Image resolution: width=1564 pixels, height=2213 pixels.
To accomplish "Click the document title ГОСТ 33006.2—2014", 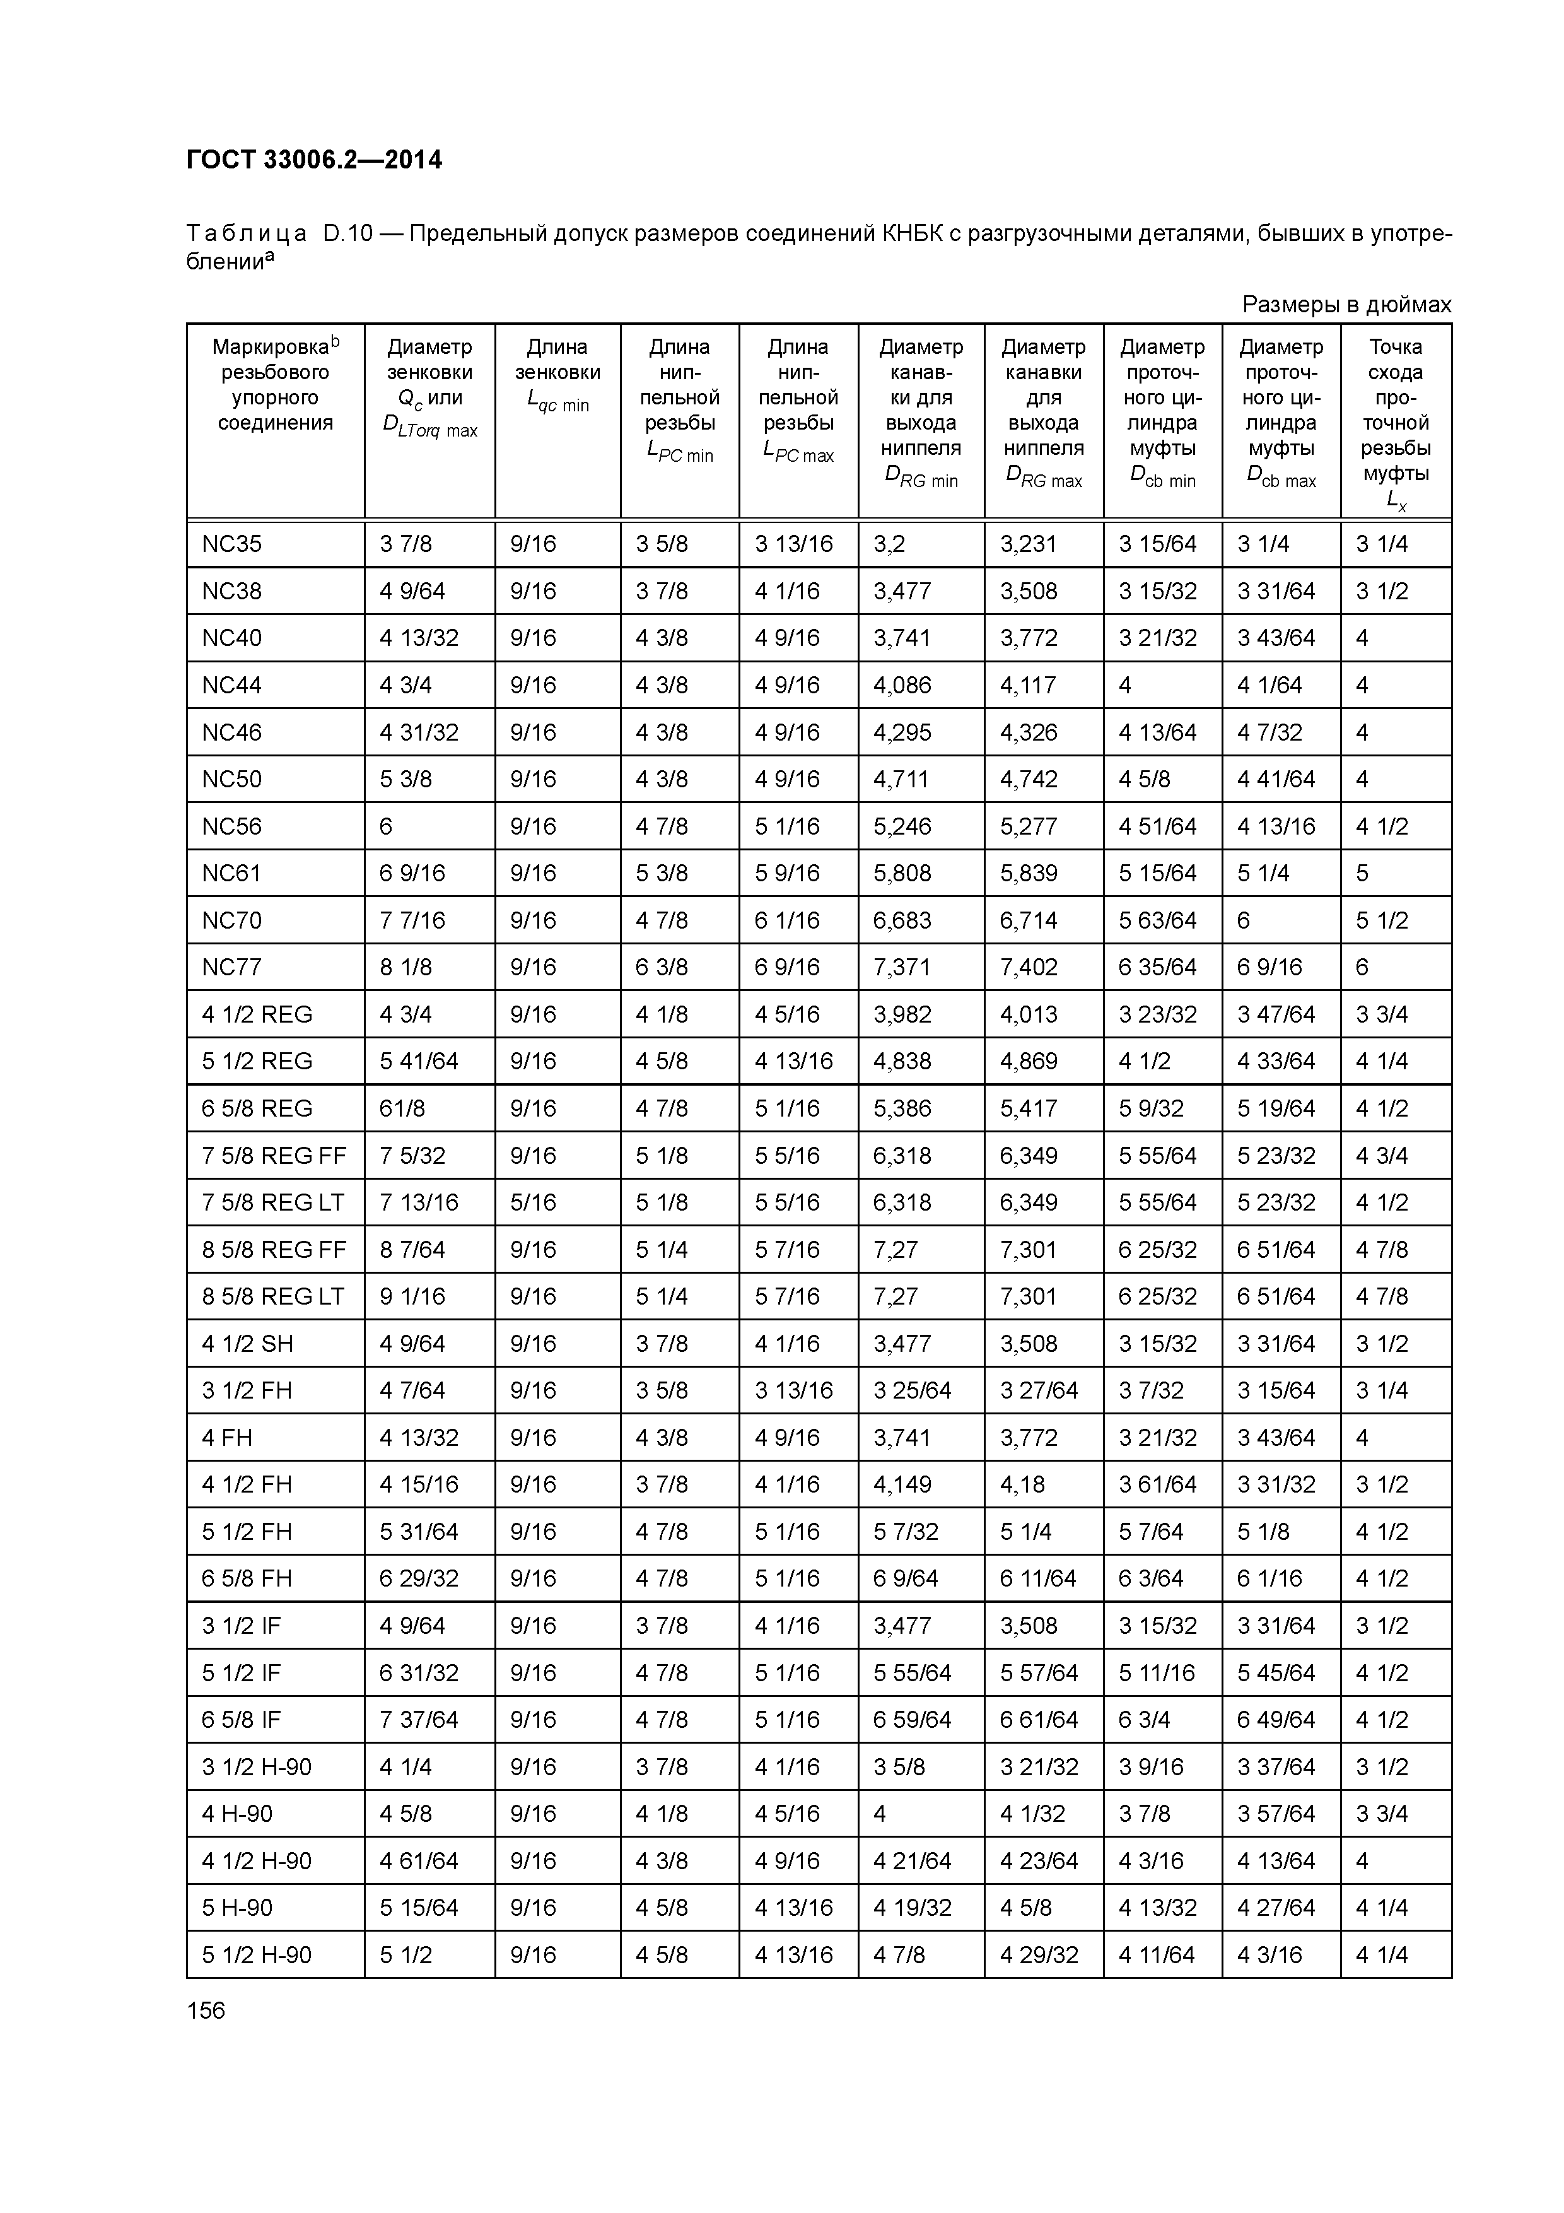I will [x=314, y=160].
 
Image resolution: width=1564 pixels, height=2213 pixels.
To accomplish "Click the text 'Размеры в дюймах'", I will [x=1345, y=305].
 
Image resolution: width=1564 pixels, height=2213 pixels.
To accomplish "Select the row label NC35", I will [x=231, y=544].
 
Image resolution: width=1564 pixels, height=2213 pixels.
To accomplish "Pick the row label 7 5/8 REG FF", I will [x=274, y=1154].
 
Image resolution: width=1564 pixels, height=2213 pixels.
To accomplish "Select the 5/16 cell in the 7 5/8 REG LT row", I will [x=533, y=1202].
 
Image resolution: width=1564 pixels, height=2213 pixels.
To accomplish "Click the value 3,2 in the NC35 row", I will [x=889, y=544].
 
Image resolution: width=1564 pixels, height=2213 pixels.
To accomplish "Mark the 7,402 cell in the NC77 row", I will [x=1028, y=966].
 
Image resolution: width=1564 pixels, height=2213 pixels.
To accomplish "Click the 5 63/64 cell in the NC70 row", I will [x=1157, y=920].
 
